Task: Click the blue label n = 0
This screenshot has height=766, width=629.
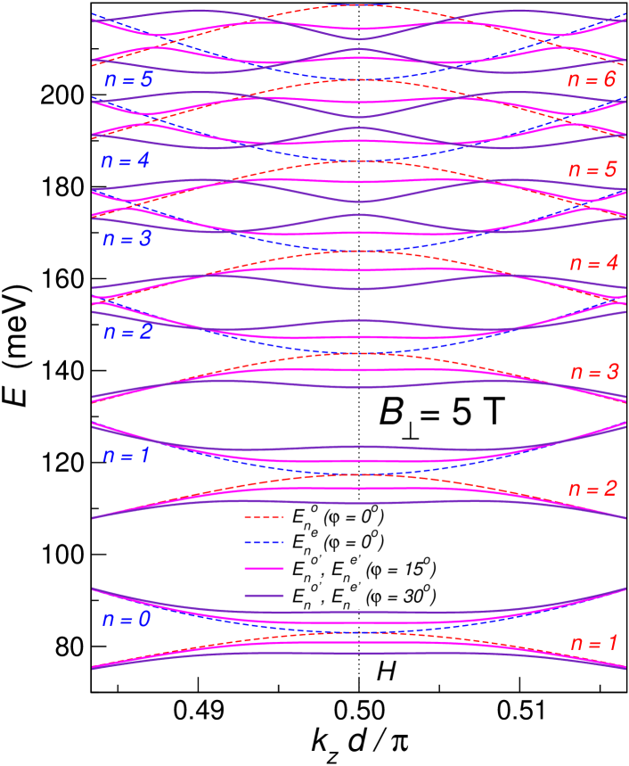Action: [127, 619]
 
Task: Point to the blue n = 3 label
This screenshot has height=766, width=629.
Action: [127, 239]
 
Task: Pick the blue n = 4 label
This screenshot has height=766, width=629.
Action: [126, 161]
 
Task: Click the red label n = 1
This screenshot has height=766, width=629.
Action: [593, 642]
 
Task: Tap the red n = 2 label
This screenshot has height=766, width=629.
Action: [593, 489]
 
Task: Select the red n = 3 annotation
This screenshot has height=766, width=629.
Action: [593, 372]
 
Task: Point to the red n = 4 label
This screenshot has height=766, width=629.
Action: [593, 263]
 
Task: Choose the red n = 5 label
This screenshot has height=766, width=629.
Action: [592, 169]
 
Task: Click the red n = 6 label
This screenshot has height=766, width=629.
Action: [592, 79]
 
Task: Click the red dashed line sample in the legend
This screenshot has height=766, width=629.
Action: [265, 518]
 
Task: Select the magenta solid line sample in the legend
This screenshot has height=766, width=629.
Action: [265, 569]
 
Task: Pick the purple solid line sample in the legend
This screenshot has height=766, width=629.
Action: [265, 594]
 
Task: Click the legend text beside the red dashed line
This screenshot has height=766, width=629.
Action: [338, 516]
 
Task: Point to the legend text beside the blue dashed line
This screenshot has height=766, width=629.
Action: [338, 541]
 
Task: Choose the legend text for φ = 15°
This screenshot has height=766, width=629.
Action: [363, 567]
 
